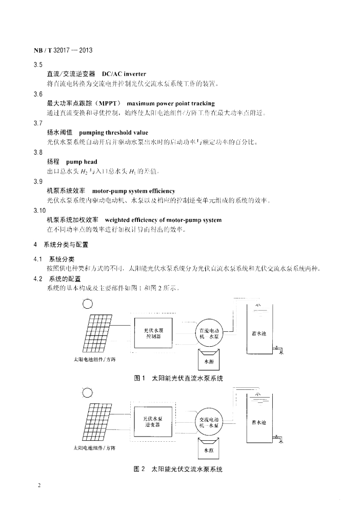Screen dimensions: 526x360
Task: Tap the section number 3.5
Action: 37,65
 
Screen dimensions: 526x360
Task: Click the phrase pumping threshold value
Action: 106,133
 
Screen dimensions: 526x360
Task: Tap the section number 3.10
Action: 39,211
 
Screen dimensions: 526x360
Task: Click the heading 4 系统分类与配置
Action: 61,245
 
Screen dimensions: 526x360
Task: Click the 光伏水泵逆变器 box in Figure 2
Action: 153,422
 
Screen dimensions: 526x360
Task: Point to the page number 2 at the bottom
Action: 39,484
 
